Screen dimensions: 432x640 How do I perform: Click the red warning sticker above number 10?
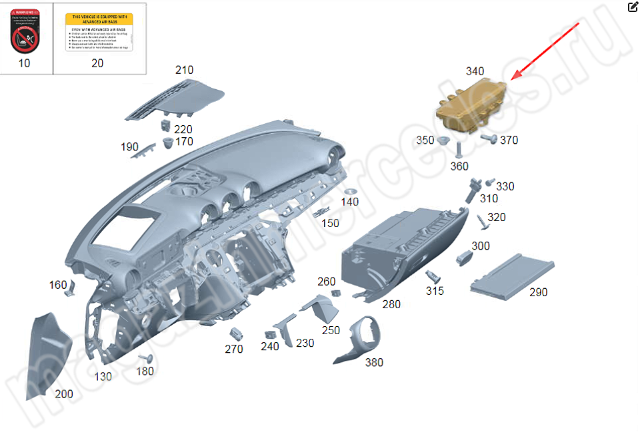pos(25,32)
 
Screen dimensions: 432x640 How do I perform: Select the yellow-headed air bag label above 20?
pos(99,31)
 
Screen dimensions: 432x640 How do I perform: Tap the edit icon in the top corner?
pos(633,7)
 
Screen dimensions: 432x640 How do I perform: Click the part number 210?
pos(184,70)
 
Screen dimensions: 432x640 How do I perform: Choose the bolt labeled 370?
pos(489,138)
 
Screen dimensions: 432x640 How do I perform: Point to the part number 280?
pos(391,304)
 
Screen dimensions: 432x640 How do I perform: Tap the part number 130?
pos(103,376)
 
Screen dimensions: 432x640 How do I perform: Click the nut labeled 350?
pos(443,140)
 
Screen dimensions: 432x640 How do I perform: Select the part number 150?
pos(331,223)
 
